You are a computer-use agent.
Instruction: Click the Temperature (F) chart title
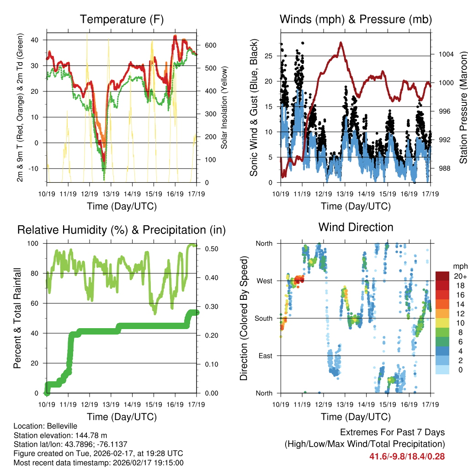pyautogui.click(x=122, y=19)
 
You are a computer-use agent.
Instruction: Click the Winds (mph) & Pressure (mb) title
pyautogui.click(x=356, y=19)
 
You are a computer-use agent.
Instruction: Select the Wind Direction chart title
pyautogui.click(x=356, y=227)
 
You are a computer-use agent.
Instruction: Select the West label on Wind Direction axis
pyautogui.click(x=264, y=281)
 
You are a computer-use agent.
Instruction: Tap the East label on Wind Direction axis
pyautogui.click(x=265, y=356)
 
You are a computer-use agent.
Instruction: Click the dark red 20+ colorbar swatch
pyautogui.click(x=442, y=276)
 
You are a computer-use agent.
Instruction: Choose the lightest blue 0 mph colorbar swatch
pyautogui.click(x=442, y=370)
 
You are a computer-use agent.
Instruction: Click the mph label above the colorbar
pyautogui.click(x=459, y=266)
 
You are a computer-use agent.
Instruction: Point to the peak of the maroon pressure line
pyautogui.click(x=341, y=43)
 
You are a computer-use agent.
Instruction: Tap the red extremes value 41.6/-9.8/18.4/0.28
pyautogui.click(x=407, y=456)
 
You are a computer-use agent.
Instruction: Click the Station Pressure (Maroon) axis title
pyautogui.click(x=463, y=107)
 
